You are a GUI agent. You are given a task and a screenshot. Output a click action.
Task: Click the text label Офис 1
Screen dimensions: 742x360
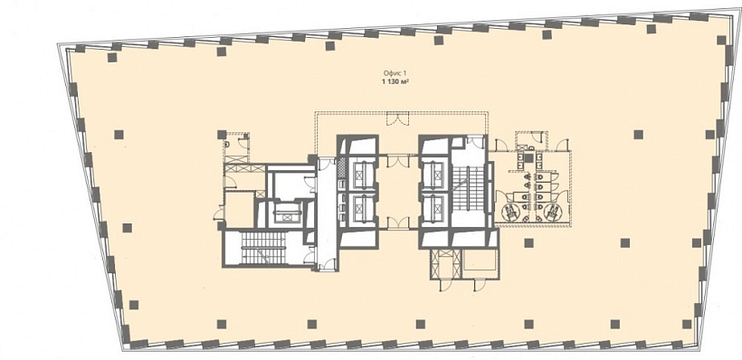tap(395, 73)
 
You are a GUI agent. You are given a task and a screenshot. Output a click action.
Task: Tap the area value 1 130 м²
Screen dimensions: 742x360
tap(395, 81)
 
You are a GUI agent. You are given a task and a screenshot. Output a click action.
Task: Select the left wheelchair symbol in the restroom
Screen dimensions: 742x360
tap(509, 213)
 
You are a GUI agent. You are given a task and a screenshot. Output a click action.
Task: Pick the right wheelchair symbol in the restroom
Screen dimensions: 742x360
tap(550, 213)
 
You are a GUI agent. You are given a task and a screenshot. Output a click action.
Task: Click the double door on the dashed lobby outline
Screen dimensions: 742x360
tap(396, 118)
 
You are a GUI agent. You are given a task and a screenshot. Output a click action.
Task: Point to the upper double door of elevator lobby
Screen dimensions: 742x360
tap(398, 160)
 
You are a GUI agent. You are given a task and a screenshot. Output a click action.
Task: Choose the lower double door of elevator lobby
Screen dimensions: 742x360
tap(398, 223)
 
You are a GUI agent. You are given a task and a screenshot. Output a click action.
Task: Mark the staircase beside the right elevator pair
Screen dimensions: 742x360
tap(469, 188)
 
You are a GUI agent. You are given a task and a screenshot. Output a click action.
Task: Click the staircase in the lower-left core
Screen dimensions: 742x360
tap(262, 248)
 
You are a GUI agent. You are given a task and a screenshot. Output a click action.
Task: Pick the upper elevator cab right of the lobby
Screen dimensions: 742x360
tap(434, 175)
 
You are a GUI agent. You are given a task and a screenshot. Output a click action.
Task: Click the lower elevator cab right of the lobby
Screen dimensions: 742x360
tap(434, 207)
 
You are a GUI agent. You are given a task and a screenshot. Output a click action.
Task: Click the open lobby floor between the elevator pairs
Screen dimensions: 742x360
tap(398, 192)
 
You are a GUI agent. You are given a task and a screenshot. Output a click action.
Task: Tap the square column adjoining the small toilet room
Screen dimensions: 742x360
tap(222, 135)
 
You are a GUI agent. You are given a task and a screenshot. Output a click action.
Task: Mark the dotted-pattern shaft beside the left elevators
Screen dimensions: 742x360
tap(342, 167)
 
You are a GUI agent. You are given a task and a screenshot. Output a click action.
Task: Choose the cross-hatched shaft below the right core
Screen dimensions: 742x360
tap(445, 264)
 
